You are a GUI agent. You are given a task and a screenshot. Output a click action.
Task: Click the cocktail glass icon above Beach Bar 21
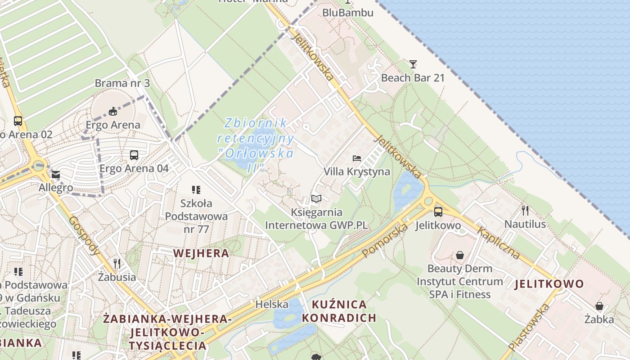tap(413, 64)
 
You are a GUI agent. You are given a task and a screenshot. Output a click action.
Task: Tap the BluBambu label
tap(348, 13)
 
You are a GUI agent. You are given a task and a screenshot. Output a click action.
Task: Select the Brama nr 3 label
tap(122, 83)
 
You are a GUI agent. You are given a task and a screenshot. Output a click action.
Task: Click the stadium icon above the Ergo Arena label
tap(113, 111)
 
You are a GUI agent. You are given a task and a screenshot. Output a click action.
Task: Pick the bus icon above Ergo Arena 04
tap(134, 155)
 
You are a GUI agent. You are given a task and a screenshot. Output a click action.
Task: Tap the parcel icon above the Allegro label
tap(56, 174)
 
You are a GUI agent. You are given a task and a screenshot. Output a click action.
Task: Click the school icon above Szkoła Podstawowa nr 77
tap(196, 190)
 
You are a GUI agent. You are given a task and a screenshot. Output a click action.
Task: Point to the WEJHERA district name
tap(201, 253)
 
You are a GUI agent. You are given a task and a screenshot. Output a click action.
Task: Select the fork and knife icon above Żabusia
tap(117, 263)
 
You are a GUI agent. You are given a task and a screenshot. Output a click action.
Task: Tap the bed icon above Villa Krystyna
tap(357, 158)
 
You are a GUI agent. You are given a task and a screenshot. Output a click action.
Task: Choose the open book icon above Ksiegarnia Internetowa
tap(316, 198)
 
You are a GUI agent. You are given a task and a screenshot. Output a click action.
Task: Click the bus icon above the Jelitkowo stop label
tap(438, 211)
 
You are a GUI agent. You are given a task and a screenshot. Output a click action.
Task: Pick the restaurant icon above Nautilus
tap(525, 210)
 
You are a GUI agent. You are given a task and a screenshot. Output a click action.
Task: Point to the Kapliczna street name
tap(499, 243)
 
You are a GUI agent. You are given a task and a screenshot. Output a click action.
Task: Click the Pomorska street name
tap(385, 240)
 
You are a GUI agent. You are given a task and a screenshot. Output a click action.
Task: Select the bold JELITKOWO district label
tap(549, 284)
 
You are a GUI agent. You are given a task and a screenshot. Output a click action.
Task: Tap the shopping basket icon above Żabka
tap(599, 306)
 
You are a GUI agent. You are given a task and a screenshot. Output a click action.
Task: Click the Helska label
tap(272, 304)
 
